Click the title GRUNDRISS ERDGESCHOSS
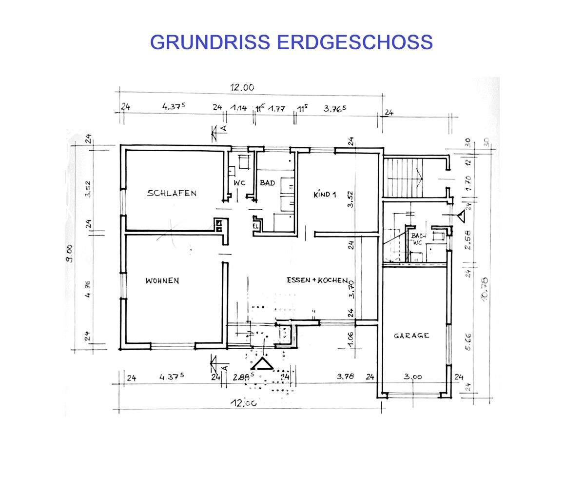click(291, 42)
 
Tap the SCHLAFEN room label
click(172, 193)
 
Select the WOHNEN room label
click(162, 281)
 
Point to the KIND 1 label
click(325, 194)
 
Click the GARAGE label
click(411, 336)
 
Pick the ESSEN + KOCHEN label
click(317, 280)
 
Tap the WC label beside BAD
click(239, 183)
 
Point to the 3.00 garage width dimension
click(413, 377)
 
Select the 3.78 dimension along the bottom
click(345, 377)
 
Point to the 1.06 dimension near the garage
click(351, 339)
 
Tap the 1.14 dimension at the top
click(239, 108)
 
